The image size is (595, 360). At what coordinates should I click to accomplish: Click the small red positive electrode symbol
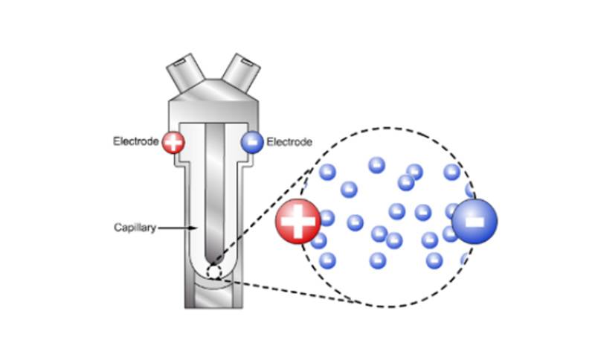[x=173, y=142]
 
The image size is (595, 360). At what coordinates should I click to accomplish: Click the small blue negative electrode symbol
[x=251, y=142]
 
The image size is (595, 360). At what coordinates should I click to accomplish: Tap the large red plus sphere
[x=297, y=221]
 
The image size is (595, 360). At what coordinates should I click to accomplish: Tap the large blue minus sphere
[x=474, y=220]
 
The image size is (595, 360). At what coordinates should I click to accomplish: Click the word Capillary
[x=135, y=228]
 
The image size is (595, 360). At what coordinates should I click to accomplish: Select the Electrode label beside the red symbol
[x=135, y=142]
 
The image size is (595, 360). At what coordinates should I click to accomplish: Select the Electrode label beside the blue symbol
[x=289, y=142]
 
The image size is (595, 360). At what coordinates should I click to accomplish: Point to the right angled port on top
[x=239, y=71]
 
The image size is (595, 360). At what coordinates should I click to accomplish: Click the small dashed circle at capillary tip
[x=214, y=272]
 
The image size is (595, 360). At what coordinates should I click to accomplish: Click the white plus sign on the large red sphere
[x=297, y=221]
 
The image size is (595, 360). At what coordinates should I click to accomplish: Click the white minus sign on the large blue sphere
[x=474, y=220]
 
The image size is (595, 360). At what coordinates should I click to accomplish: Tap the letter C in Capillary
[x=117, y=228]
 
